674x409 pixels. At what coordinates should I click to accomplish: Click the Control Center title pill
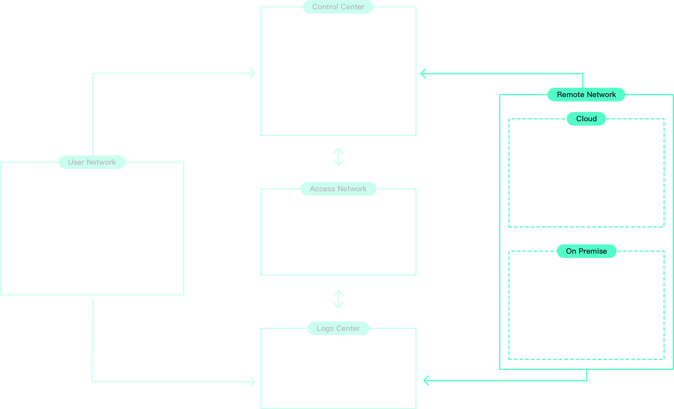(x=338, y=7)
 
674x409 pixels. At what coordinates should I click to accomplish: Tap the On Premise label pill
(x=586, y=251)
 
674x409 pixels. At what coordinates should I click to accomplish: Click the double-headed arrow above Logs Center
(x=338, y=299)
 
